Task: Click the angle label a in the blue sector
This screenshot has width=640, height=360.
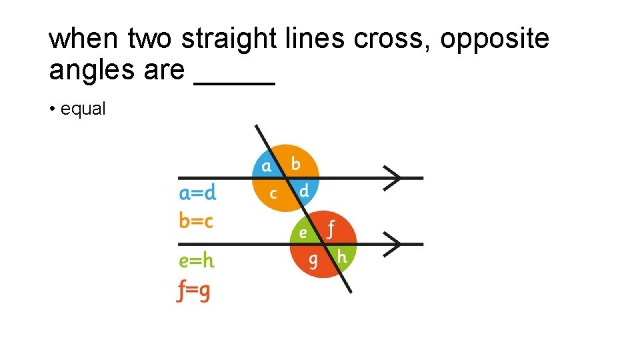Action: (267, 165)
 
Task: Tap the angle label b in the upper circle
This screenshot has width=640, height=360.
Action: (295, 163)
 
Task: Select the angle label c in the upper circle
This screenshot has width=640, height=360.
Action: (273, 193)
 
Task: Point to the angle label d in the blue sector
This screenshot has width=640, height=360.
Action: (304, 191)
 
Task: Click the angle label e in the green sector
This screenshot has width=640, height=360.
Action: (303, 232)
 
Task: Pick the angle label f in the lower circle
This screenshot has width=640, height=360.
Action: (331, 230)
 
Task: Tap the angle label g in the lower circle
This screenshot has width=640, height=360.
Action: (313, 260)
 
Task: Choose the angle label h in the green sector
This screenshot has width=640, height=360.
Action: (342, 257)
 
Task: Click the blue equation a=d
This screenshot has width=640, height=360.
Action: (198, 193)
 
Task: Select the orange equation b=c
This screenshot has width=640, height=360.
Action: (196, 220)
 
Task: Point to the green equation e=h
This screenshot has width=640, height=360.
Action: (197, 260)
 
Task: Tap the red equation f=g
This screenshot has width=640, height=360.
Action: (194, 291)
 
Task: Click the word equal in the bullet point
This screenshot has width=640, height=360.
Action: (83, 109)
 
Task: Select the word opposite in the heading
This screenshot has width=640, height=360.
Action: (495, 39)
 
